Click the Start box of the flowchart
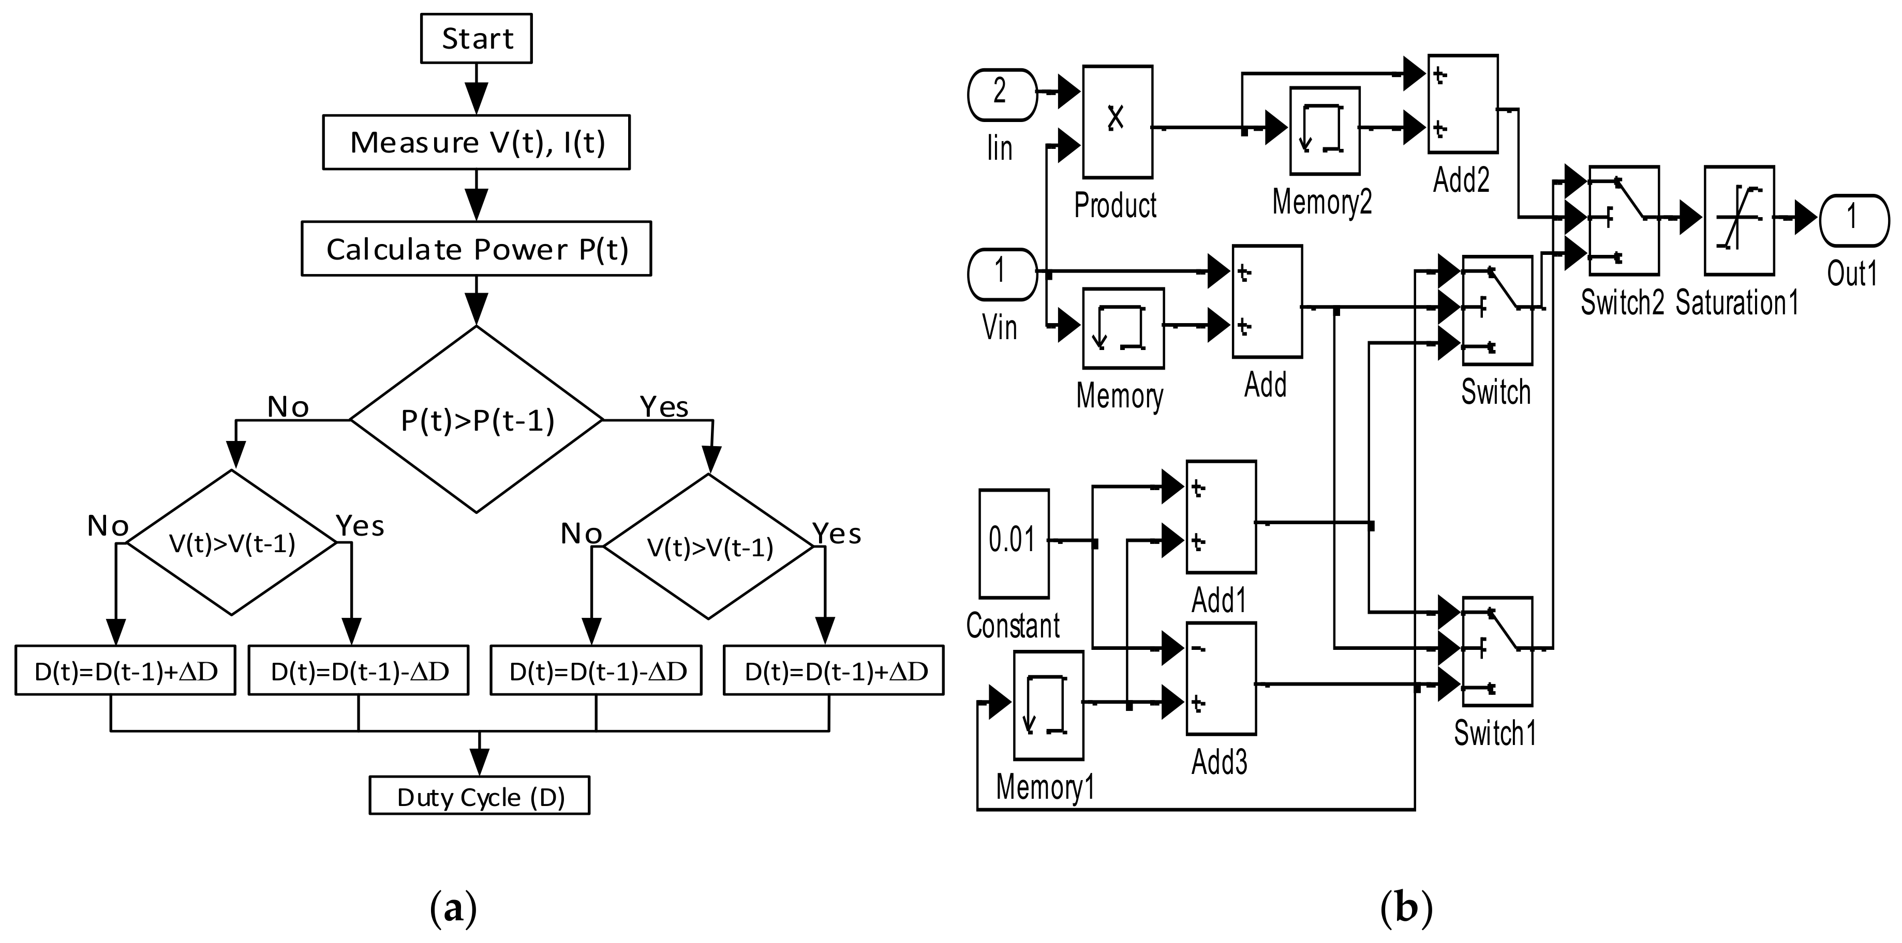(476, 38)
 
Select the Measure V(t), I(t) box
(476, 142)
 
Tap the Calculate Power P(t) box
(476, 249)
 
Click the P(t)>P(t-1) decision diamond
(476, 419)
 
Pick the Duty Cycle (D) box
(479, 796)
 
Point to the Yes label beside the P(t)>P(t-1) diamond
(664, 406)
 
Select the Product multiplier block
(1117, 121)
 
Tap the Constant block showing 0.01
(1014, 543)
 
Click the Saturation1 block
(1739, 220)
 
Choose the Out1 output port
(1854, 220)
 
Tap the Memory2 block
(1325, 131)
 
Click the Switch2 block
(1624, 220)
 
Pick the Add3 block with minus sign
(1221, 678)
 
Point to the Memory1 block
(1048, 705)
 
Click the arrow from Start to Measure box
(476, 88)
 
